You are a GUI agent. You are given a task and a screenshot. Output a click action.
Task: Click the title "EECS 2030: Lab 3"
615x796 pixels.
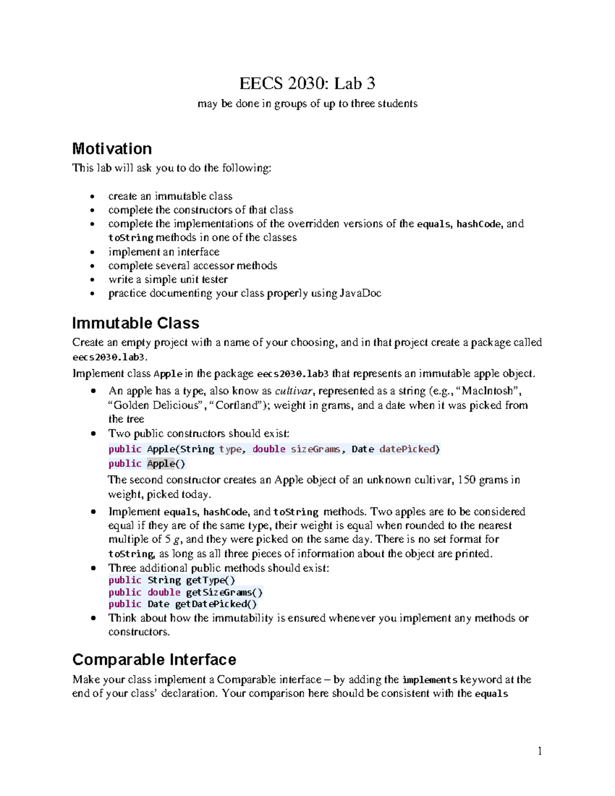pos(307,83)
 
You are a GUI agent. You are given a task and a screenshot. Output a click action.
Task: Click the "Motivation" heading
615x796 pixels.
pos(112,149)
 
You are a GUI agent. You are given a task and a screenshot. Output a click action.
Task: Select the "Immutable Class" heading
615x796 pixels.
pos(135,323)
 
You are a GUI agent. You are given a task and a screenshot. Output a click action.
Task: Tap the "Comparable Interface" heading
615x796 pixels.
pos(154,659)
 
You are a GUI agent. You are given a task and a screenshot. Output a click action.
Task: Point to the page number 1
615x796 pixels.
pos(540,751)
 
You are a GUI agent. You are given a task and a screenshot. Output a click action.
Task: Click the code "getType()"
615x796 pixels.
pos(210,580)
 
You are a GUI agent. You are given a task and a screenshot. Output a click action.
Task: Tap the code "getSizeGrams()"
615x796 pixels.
pos(224,593)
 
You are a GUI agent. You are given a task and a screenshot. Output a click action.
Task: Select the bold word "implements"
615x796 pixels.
pos(429,680)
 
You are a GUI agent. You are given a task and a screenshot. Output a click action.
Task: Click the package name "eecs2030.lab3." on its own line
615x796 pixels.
pos(110,357)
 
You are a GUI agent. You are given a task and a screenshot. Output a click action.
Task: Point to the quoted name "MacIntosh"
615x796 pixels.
pos(487,391)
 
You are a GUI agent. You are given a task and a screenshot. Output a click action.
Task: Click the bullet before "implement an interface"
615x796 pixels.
pos(92,252)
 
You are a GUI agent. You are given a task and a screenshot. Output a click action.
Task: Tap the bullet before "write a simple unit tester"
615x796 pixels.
pos(92,280)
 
